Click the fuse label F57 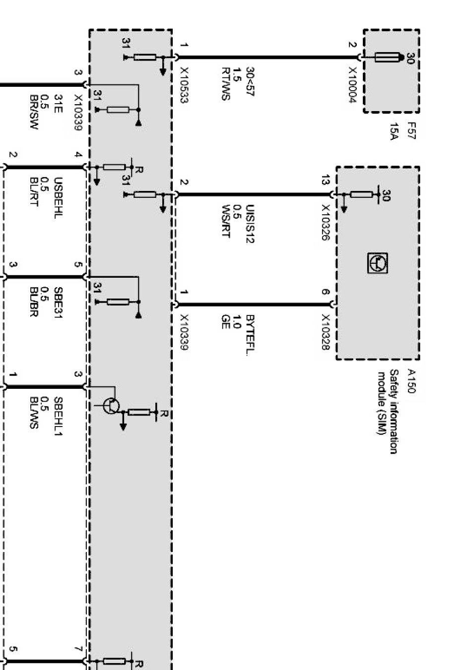(x=411, y=131)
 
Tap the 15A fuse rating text (x=394, y=131)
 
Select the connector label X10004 (x=352, y=85)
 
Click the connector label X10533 (x=184, y=85)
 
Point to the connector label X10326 (x=325, y=223)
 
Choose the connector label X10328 (x=325, y=332)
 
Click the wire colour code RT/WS (x=226, y=83)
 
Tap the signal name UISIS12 (x=250, y=224)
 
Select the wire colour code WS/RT (x=226, y=221)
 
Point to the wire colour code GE (x=225, y=321)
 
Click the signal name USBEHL (x=58, y=198)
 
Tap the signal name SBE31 (x=58, y=303)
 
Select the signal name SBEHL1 (x=58, y=417)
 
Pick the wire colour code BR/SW (x=34, y=112)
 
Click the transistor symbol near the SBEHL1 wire (x=111, y=406)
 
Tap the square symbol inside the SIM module (x=378, y=263)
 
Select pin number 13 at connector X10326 (x=325, y=181)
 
